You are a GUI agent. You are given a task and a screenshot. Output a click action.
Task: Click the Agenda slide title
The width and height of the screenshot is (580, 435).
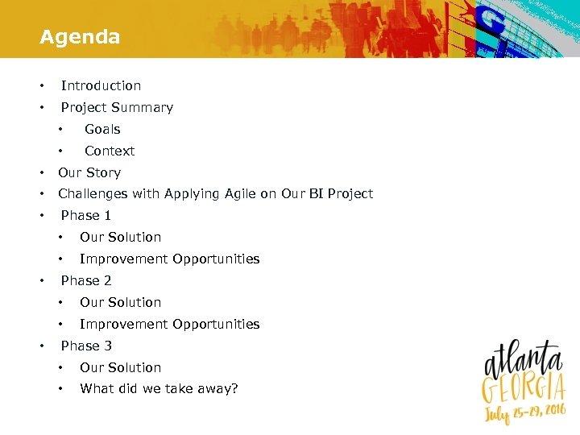(x=80, y=37)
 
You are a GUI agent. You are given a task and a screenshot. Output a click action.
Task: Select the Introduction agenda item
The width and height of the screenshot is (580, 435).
(x=101, y=85)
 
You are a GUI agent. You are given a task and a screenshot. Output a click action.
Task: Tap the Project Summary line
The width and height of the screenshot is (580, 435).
(x=117, y=107)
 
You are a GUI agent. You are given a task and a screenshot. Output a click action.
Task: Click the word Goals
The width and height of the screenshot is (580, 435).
(x=102, y=129)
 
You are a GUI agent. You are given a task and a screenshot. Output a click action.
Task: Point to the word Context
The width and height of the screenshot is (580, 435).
(x=110, y=151)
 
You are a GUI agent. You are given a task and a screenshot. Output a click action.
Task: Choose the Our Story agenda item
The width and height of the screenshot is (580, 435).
(x=89, y=172)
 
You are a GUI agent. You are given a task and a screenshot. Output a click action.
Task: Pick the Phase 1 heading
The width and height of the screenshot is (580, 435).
(x=86, y=215)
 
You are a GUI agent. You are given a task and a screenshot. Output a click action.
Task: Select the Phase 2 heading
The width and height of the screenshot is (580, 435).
(x=86, y=280)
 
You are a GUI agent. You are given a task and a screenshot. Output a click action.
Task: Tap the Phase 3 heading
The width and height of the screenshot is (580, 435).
(x=86, y=346)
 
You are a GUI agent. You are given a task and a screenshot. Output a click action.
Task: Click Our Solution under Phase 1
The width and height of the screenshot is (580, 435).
(x=120, y=237)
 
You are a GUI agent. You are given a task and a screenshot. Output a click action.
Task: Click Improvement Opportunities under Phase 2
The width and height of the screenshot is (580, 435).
(x=169, y=324)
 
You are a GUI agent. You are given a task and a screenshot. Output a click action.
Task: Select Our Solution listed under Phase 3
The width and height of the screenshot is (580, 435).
(x=120, y=367)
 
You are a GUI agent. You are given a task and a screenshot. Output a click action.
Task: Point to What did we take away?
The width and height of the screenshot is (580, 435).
(x=159, y=389)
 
